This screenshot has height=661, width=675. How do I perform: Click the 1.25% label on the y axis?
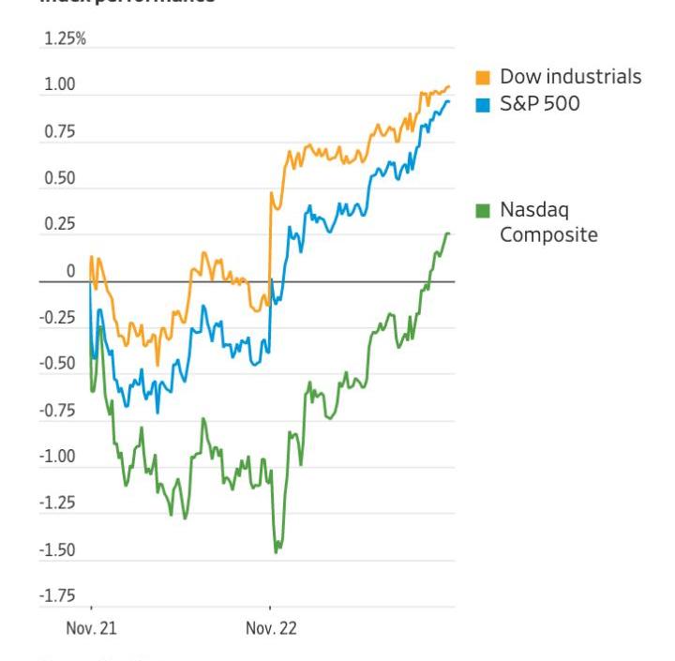tap(65, 39)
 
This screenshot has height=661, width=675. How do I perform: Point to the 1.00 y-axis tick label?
tap(58, 85)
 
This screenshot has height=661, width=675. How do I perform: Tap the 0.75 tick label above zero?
tap(58, 132)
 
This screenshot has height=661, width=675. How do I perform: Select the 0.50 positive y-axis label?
tap(58, 178)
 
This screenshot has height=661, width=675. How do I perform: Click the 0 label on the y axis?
tap(70, 272)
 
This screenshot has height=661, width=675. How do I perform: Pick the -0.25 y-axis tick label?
tap(56, 318)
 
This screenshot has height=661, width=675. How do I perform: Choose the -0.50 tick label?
tap(56, 364)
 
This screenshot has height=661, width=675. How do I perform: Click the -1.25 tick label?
tap(56, 503)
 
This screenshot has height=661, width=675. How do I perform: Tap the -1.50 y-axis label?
tap(56, 550)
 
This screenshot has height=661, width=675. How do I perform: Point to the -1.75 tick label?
tap(56, 596)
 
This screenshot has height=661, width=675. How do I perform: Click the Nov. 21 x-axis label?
tap(92, 628)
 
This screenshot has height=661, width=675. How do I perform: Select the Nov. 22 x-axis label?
tap(271, 628)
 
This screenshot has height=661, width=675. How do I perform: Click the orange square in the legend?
tap(483, 77)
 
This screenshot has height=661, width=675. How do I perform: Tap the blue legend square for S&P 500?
tap(483, 104)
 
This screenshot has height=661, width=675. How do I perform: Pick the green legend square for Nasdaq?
tap(483, 208)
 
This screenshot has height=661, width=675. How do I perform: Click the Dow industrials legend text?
tap(570, 77)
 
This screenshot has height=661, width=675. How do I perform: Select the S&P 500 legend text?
tap(539, 104)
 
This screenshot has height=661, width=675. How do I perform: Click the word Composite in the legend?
tap(548, 235)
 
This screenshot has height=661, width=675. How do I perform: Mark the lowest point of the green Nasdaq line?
tap(276, 552)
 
